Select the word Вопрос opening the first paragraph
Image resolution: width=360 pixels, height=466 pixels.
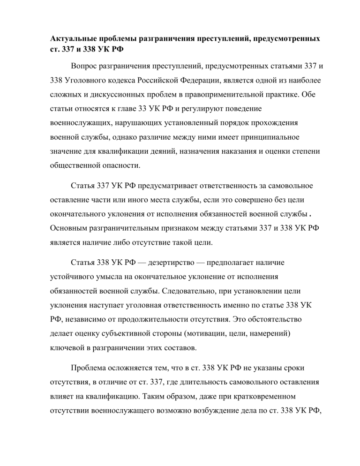85,67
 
